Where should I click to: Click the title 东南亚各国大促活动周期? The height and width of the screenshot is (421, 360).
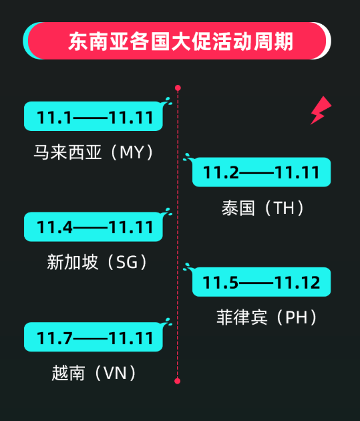[x=180, y=41]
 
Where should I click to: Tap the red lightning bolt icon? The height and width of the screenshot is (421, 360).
[x=321, y=110]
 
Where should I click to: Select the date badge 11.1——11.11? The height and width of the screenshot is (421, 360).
[x=94, y=116]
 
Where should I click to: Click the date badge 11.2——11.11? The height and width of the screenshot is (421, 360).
[x=262, y=172]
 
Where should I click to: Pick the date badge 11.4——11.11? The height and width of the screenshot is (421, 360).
[x=94, y=227]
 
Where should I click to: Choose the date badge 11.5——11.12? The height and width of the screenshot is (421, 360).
[x=262, y=282]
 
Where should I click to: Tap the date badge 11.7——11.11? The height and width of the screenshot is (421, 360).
[x=94, y=337]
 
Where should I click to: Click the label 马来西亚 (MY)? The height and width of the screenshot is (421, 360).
[x=94, y=152]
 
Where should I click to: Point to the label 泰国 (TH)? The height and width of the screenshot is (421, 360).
[x=262, y=208]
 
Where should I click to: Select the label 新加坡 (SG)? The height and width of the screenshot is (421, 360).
[x=97, y=262]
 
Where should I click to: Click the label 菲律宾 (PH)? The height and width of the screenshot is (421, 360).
[x=266, y=317]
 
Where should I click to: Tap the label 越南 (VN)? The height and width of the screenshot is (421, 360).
[x=94, y=373]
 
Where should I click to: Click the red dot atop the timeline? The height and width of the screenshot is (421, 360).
[x=178, y=88]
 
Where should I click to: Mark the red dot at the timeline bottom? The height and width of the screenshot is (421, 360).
[x=177, y=381]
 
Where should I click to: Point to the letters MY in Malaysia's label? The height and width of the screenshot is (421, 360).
[x=132, y=152]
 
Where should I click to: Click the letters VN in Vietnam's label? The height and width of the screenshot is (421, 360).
[x=115, y=373]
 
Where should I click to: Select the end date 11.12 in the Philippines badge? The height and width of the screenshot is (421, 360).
[x=297, y=283]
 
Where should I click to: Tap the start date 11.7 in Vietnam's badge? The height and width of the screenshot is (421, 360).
[x=55, y=337]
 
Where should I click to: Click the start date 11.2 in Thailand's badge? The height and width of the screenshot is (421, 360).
[x=221, y=172]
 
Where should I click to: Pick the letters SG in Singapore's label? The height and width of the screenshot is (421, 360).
[x=127, y=263]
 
